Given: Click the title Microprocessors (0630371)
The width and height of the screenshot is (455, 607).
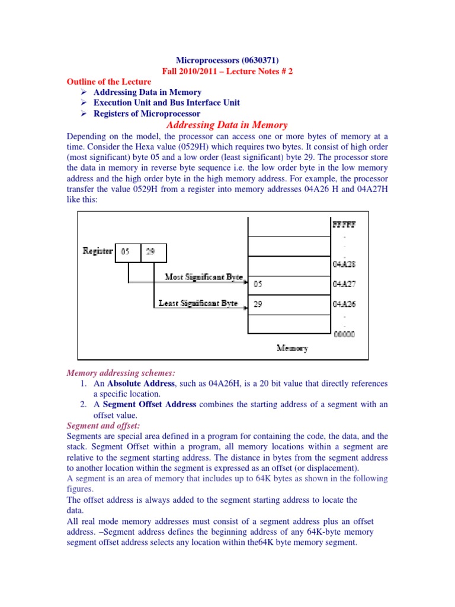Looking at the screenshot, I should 227,60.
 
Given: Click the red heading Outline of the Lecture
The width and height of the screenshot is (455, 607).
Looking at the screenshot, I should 108,81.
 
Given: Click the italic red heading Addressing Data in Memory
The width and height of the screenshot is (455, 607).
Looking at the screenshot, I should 227,125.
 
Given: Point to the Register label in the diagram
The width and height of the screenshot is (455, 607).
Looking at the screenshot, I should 97,251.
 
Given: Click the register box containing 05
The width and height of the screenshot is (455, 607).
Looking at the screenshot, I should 127,252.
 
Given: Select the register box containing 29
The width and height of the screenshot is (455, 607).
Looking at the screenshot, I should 153,252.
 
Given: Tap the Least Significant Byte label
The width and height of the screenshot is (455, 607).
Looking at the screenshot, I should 198,303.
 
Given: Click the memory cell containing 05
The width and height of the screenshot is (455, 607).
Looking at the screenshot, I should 289,284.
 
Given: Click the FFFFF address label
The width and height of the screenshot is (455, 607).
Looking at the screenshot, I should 344,225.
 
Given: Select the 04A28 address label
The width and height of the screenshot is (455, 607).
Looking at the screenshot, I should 344,264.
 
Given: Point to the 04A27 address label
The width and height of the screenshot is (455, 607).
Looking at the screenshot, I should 344,284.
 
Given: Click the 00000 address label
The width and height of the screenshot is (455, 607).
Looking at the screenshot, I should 344,334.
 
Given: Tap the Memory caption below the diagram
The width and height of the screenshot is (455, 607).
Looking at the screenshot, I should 291,349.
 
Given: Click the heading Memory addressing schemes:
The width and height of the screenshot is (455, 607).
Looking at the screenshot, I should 111,373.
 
